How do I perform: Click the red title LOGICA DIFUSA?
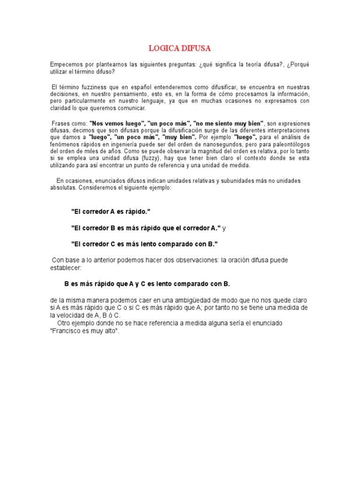[180, 48]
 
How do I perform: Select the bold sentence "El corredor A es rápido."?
[111, 211]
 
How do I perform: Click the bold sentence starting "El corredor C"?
[144, 244]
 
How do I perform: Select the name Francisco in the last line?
[66, 331]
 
